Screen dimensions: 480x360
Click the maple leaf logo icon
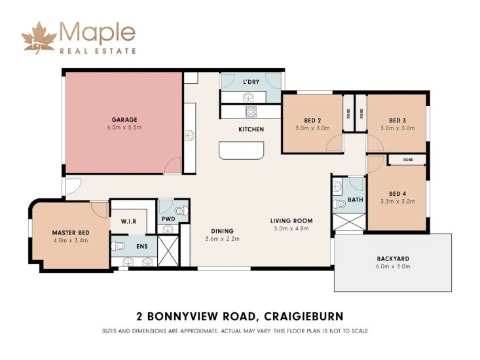39,37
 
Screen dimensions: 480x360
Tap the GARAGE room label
124,120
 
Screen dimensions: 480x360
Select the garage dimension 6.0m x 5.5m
124,128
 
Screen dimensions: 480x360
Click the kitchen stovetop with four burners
251,111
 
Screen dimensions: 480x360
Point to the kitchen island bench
242,150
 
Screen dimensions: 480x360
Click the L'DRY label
251,82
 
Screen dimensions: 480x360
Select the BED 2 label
312,120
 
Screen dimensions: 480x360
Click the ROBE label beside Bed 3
361,114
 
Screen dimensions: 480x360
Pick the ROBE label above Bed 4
408,160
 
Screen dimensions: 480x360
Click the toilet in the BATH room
339,204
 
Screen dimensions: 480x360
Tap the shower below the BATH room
349,222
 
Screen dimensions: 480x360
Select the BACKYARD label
393,259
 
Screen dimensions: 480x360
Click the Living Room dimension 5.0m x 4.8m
291,228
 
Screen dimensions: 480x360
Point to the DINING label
222,231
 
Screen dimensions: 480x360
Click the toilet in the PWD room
181,210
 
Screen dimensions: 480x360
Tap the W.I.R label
128,221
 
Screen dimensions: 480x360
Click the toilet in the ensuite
117,246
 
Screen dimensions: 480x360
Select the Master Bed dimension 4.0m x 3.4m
71,240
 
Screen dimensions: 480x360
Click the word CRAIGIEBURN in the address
304,316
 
